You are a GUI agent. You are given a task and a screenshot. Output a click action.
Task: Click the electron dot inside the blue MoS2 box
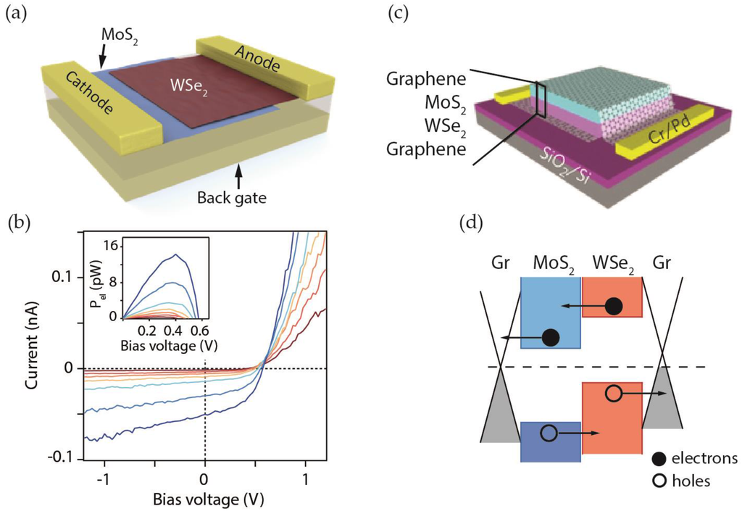[550, 337]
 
